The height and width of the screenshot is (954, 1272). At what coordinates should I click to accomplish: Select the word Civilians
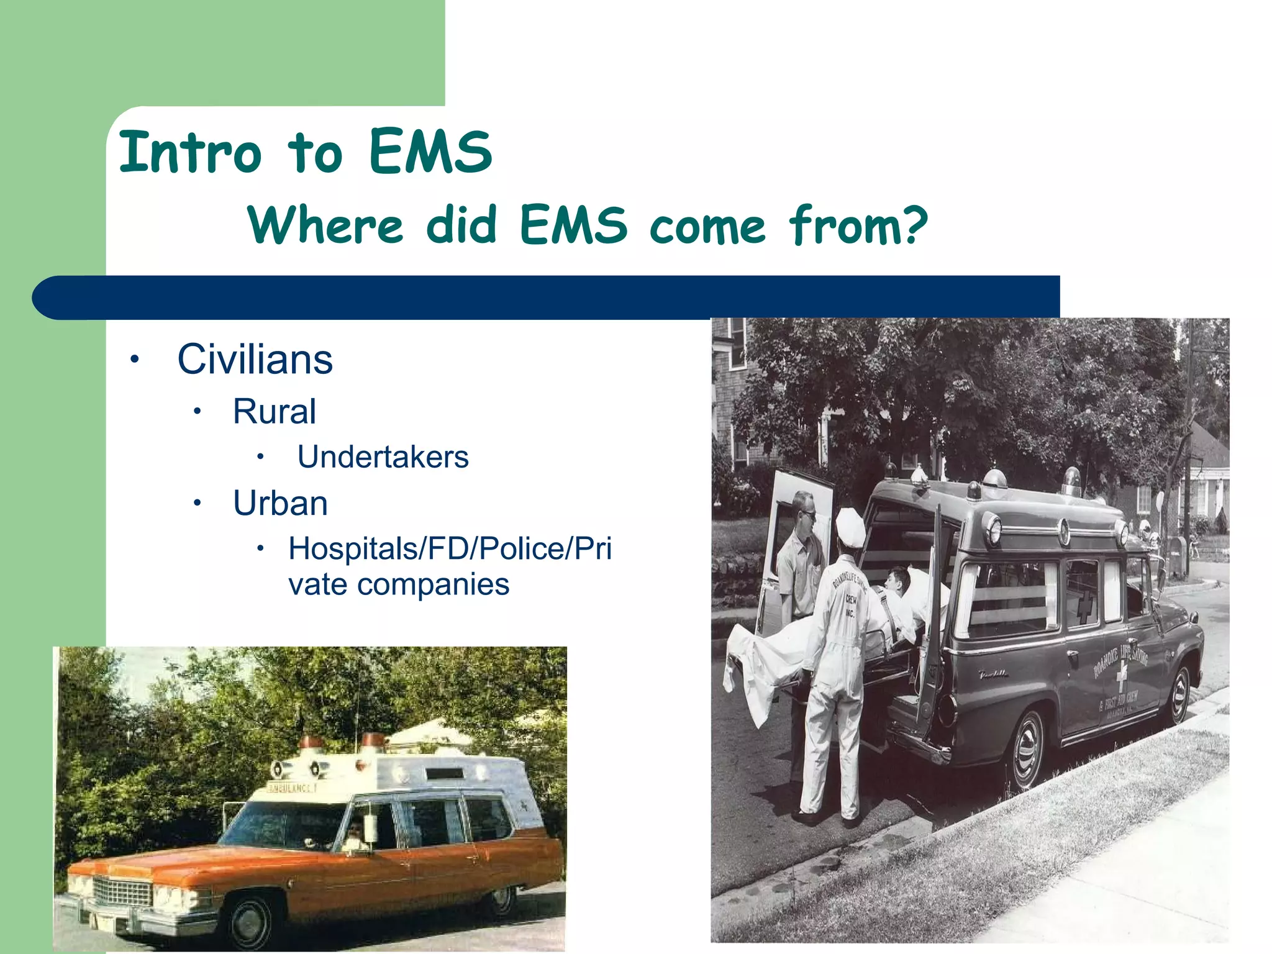(x=255, y=360)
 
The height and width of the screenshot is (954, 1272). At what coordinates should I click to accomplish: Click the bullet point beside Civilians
(x=135, y=360)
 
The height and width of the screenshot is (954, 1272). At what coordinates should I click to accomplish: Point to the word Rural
(x=274, y=411)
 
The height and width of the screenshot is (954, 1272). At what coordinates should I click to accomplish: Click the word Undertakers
(x=383, y=457)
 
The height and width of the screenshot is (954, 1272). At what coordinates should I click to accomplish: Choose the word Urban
(x=280, y=503)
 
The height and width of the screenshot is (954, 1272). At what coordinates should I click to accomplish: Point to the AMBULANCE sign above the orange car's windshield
(x=292, y=788)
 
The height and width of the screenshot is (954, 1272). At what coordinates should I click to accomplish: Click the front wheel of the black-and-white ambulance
(x=1179, y=694)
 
